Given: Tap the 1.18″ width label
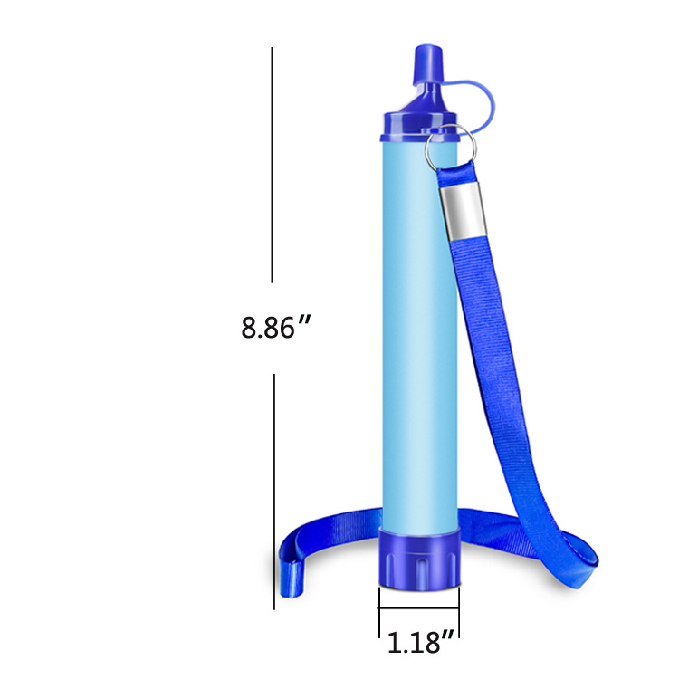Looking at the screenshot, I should click(419, 643).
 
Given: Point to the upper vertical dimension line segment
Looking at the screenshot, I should click(273, 164).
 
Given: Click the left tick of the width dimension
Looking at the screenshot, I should click(379, 620).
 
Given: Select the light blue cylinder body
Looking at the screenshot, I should click(417, 335).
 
